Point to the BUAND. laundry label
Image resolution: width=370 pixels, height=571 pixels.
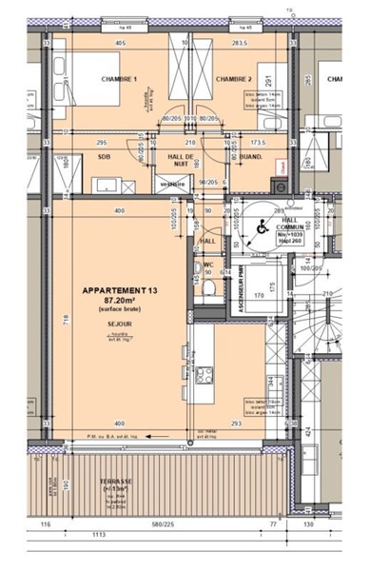250,156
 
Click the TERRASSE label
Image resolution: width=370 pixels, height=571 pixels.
116,482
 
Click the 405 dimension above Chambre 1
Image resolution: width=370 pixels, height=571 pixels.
121,43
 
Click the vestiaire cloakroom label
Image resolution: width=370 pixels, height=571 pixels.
172,184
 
